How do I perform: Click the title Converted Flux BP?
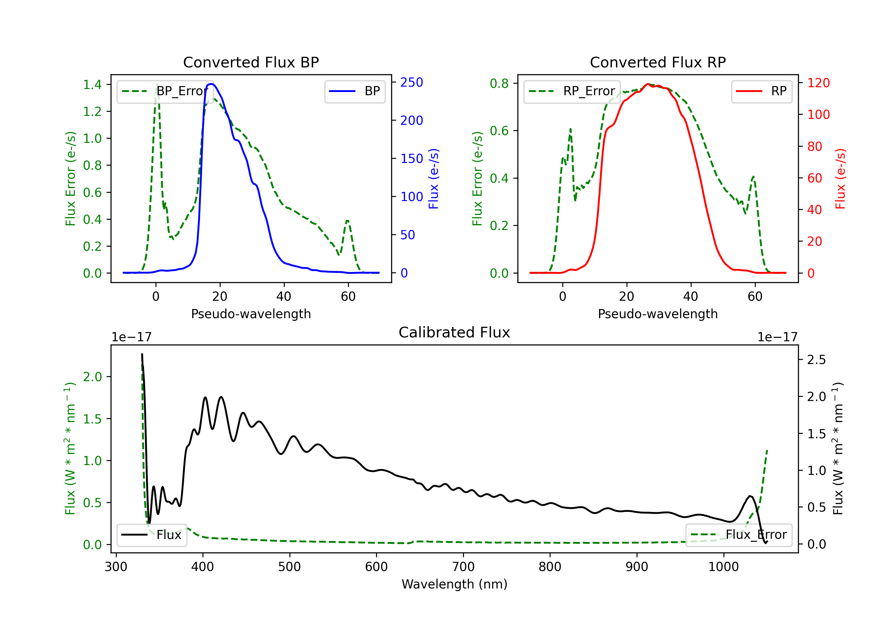pyautogui.click(x=251, y=62)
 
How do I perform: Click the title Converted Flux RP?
pyautogui.click(x=658, y=62)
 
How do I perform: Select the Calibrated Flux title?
pyautogui.click(x=454, y=332)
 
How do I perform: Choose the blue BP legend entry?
pyautogui.click(x=355, y=91)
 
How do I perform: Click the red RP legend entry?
pyautogui.click(x=761, y=91)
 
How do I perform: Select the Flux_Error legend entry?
pyautogui.click(x=739, y=535)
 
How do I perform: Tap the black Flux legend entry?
pyautogui.click(x=151, y=535)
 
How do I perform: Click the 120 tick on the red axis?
pyautogui.click(x=818, y=83)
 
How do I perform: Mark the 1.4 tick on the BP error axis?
pyautogui.click(x=92, y=85)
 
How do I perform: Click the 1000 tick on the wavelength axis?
pyautogui.click(x=723, y=567)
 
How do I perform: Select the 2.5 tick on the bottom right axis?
pyautogui.click(x=816, y=360)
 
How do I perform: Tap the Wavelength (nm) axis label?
pyautogui.click(x=454, y=584)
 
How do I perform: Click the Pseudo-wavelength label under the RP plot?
pyautogui.click(x=658, y=314)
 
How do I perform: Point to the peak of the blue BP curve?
pyautogui.click(x=211, y=84)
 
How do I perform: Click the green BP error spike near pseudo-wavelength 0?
pyautogui.click(x=157, y=84)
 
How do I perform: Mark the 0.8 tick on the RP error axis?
pyautogui.click(x=499, y=83)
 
